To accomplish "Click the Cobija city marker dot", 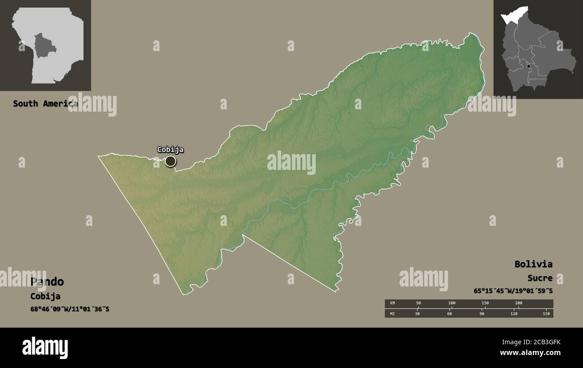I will coord(170,161).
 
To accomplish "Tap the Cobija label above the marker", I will coord(170,150).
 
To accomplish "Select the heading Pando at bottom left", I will coord(47,281).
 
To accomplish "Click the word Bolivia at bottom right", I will coord(533,264).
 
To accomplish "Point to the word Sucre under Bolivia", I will coord(539,278).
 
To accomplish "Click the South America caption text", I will coord(45,104).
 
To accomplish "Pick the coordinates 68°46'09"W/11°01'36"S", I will coord(70,309).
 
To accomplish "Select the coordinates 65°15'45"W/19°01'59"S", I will coord(513,290).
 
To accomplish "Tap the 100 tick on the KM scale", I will coord(452,303).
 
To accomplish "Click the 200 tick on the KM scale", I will coord(518,303).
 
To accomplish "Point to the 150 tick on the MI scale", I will coord(546,313).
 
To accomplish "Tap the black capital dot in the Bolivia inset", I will coord(529,66).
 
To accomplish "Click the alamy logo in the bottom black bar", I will coord(45,348).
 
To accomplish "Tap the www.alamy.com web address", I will coord(527,353).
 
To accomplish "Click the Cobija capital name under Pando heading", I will coord(45,296).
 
